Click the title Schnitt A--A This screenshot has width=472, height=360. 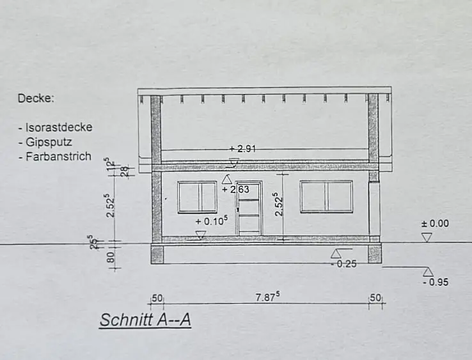tap(145, 320)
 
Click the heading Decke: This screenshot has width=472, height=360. tap(36, 98)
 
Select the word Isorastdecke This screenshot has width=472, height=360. tap(59, 127)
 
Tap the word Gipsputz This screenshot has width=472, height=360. tap(49, 142)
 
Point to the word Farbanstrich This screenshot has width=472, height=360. tap(58, 157)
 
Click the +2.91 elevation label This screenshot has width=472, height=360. tap(242, 149)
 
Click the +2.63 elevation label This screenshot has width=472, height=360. tap(235, 189)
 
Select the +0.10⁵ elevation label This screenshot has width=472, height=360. tap(211, 221)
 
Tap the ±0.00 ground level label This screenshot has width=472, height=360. tap(435, 224)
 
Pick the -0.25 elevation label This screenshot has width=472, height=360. tap(343, 264)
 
